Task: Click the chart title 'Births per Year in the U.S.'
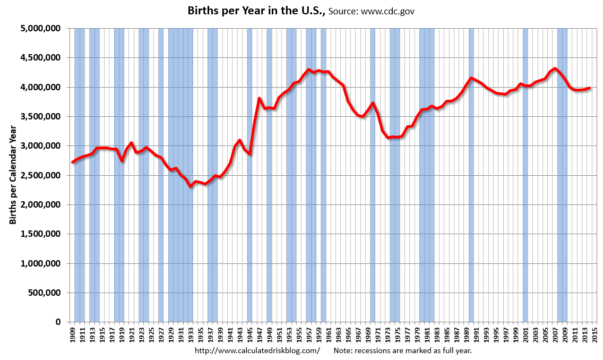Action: coord(256,11)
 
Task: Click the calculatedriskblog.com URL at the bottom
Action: coord(257,350)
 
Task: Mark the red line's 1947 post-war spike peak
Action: coord(259,98)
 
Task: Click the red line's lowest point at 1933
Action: coord(191,186)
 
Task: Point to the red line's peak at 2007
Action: coord(555,68)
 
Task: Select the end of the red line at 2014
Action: coord(589,88)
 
